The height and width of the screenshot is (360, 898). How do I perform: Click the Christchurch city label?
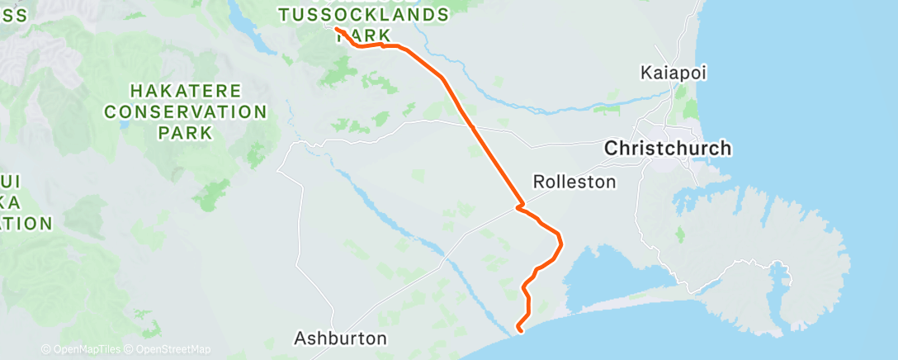click(668, 149)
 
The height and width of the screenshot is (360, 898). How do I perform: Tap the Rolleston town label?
click(574, 182)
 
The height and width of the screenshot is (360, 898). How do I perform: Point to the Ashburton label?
click(341, 339)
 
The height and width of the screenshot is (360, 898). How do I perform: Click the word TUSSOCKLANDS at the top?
click(363, 15)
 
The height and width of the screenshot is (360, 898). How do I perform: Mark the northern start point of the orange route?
click(337, 30)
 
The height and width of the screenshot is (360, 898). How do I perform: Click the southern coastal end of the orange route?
click(519, 330)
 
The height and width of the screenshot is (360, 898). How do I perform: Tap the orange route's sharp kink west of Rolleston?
click(519, 206)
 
